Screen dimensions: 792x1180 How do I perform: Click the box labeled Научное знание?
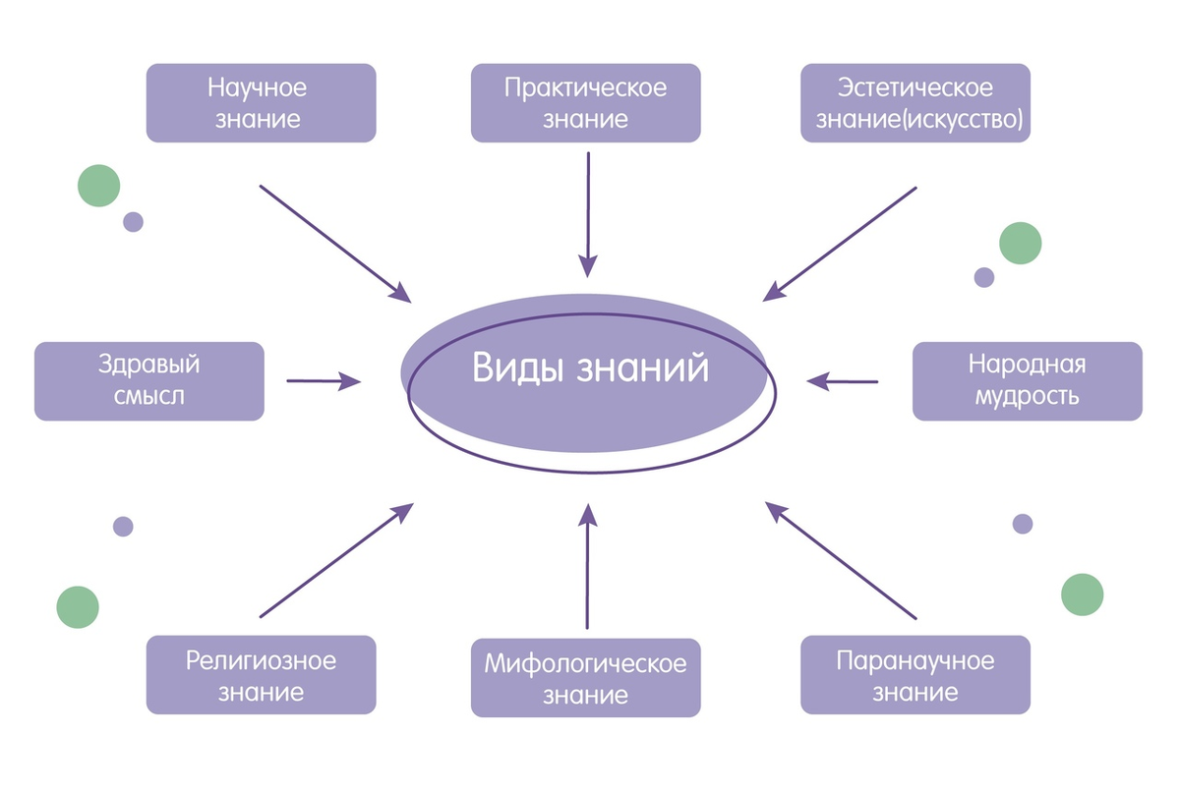click(x=261, y=103)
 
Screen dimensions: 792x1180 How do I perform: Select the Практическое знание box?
click(x=586, y=103)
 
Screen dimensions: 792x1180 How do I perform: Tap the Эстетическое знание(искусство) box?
click(x=915, y=103)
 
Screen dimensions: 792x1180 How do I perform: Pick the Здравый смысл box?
click(x=148, y=381)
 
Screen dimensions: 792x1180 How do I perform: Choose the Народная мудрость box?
click(x=1027, y=381)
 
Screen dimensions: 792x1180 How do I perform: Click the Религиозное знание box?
click(x=261, y=675)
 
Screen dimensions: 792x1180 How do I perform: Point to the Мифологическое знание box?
click(x=586, y=678)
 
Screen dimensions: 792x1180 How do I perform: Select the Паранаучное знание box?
click(x=915, y=675)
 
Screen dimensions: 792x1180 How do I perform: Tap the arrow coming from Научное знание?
click(x=335, y=243)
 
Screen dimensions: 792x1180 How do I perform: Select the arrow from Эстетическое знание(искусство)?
click(x=841, y=243)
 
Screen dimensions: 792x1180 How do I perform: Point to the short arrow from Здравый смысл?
click(x=324, y=380)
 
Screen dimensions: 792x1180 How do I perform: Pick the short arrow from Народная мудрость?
click(x=842, y=380)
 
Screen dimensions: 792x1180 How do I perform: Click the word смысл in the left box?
click(x=149, y=398)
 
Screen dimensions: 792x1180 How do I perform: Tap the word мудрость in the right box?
click(x=1027, y=398)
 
